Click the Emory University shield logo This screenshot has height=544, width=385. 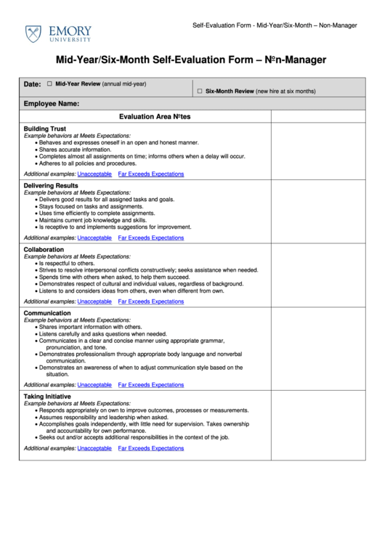click(33, 33)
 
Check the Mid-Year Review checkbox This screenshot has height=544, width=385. click(49, 84)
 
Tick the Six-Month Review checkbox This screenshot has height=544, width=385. click(200, 92)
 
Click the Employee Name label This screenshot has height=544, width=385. click(51, 104)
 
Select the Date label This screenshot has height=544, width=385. click(32, 84)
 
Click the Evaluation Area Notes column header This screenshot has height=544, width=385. click(155, 116)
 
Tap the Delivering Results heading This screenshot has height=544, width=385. click(51, 186)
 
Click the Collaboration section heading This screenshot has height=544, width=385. click(44, 249)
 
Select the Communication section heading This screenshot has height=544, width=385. click(47, 313)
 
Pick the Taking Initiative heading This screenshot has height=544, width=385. click(47, 397)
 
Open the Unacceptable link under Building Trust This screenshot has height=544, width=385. click(94, 174)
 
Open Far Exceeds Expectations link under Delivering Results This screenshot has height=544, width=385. click(151, 238)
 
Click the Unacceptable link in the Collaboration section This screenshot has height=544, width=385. click(94, 301)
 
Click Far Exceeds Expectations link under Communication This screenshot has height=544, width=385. click(151, 385)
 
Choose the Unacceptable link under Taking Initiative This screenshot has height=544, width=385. click(94, 448)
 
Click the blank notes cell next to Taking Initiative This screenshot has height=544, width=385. click(317, 425)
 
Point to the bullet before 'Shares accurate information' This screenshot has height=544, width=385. click(36, 150)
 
